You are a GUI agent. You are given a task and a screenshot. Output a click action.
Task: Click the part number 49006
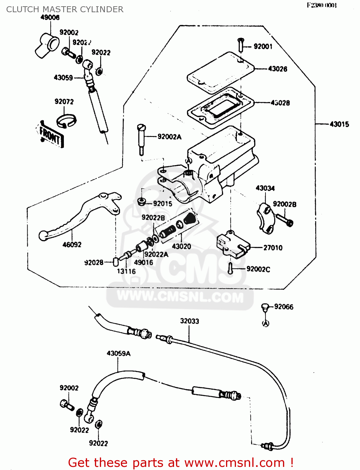(50, 18)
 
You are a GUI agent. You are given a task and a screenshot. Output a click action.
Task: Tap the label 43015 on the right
(339, 124)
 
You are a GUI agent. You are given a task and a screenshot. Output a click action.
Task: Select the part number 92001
(263, 46)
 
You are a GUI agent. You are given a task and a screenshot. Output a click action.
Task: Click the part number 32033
(189, 321)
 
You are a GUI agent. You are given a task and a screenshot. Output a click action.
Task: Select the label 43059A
(119, 353)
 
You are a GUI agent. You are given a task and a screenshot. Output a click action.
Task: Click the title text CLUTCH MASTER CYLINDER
(65, 9)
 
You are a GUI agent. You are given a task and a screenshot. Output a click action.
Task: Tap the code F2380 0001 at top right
(322, 5)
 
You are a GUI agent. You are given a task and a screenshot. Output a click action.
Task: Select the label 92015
(162, 204)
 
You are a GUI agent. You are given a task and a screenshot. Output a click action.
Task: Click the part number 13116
(126, 271)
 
